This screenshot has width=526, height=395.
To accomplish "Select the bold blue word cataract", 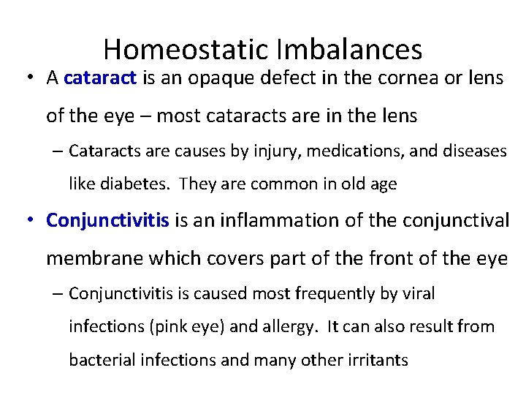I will (x=101, y=78).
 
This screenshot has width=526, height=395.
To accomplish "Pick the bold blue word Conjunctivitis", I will (x=108, y=219).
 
